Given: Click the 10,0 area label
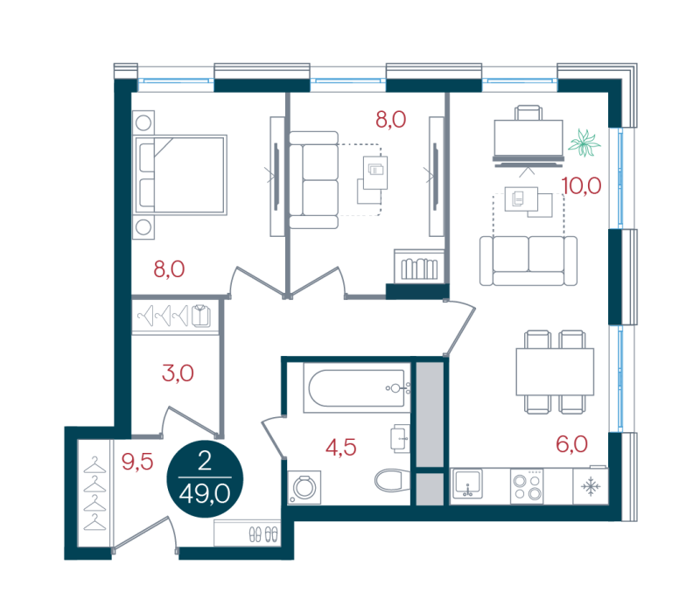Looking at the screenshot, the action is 581,185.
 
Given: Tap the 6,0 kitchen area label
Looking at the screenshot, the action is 571,444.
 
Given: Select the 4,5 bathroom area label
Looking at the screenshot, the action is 340,448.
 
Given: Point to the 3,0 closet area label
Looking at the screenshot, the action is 178,373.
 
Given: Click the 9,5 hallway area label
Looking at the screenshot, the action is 137,463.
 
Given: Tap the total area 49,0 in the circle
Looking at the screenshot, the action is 205,494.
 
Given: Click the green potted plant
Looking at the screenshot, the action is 584,143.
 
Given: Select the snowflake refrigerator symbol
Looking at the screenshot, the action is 591,487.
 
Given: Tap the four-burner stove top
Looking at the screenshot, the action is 527,487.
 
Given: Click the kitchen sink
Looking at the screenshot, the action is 467,484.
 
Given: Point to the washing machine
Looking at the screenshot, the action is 304,488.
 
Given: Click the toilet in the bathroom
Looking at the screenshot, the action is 392,480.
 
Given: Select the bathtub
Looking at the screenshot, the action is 357,387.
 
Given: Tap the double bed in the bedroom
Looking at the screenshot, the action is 180,175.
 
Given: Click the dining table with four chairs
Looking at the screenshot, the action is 555,372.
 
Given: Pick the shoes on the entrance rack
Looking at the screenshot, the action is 263,534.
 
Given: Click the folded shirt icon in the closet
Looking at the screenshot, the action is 201,316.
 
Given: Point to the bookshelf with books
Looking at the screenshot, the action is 419,267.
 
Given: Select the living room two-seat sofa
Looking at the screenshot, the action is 528,261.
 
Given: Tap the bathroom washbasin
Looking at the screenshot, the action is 400,439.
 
